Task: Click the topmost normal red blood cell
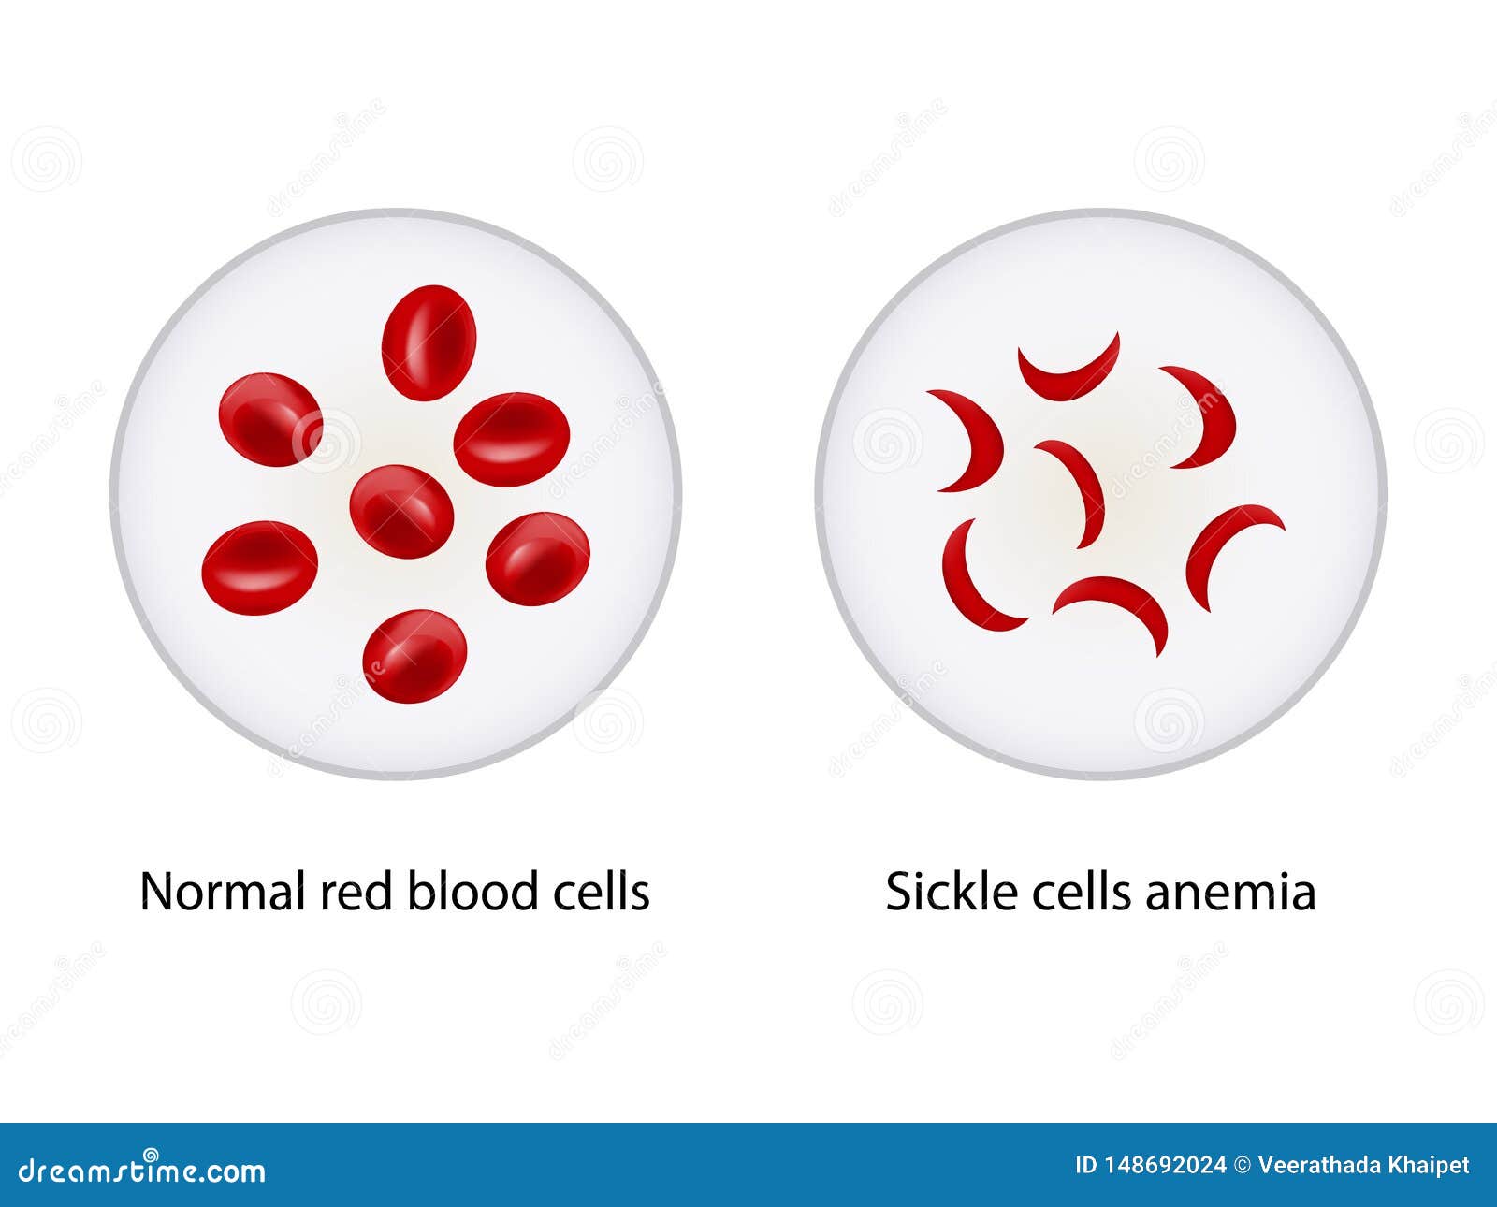pos(429,342)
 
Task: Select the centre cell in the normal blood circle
pos(401,511)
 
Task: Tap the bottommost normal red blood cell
pos(414,656)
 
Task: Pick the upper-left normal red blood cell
pos(270,419)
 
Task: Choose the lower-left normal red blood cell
pos(259,568)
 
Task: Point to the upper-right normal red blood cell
pos(511,439)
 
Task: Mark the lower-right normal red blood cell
pos(538,559)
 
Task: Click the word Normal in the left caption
pos(223,891)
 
